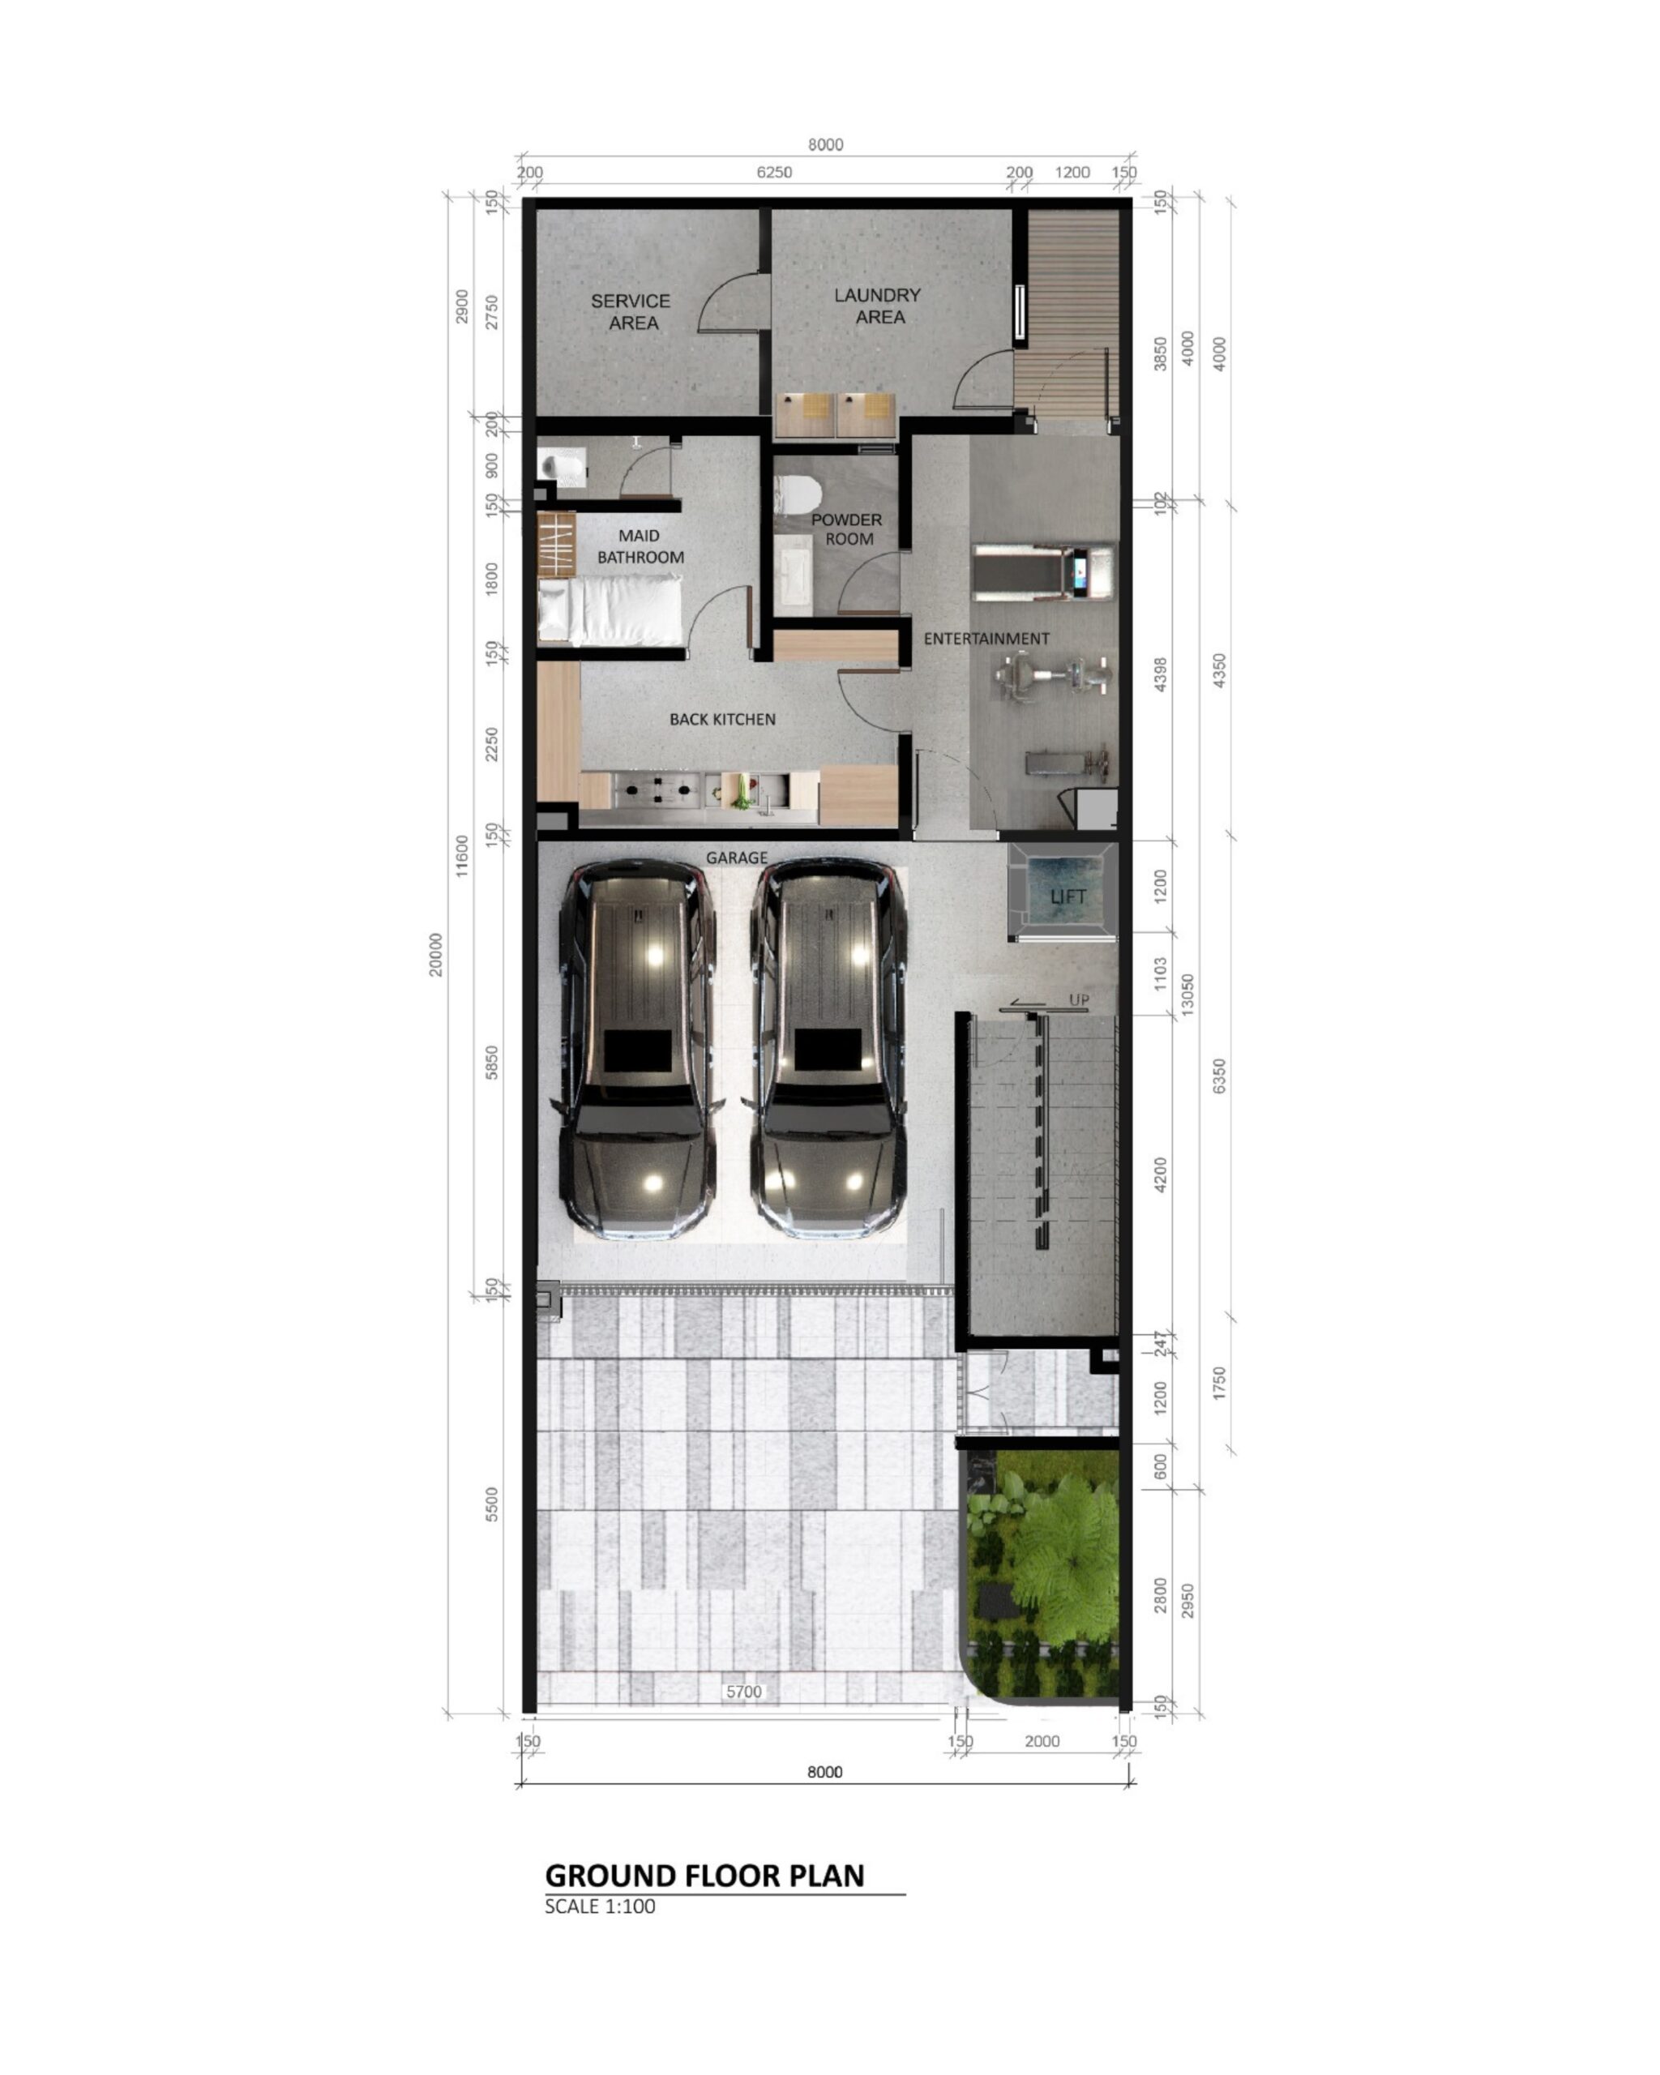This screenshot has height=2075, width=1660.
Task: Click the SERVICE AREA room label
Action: (x=631, y=312)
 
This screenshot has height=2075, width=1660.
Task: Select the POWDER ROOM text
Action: (x=846, y=529)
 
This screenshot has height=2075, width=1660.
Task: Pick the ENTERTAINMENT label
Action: (x=986, y=638)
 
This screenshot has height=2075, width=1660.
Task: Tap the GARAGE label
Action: (x=736, y=858)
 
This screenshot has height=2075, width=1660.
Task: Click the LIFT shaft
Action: (x=1063, y=892)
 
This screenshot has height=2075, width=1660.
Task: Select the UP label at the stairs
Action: (x=1079, y=1000)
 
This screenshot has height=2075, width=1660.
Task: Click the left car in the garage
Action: (x=637, y=1049)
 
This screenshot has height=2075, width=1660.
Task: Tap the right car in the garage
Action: (x=829, y=1049)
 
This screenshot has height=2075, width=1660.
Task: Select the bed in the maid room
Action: (x=610, y=610)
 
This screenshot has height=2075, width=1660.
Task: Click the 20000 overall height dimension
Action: (x=436, y=954)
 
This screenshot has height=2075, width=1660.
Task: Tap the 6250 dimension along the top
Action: (x=774, y=173)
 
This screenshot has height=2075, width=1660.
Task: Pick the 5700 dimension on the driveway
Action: (x=743, y=1691)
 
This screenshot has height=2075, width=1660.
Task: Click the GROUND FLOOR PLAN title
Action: (x=704, y=1875)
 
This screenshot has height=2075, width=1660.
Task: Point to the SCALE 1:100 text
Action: (x=600, y=1906)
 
